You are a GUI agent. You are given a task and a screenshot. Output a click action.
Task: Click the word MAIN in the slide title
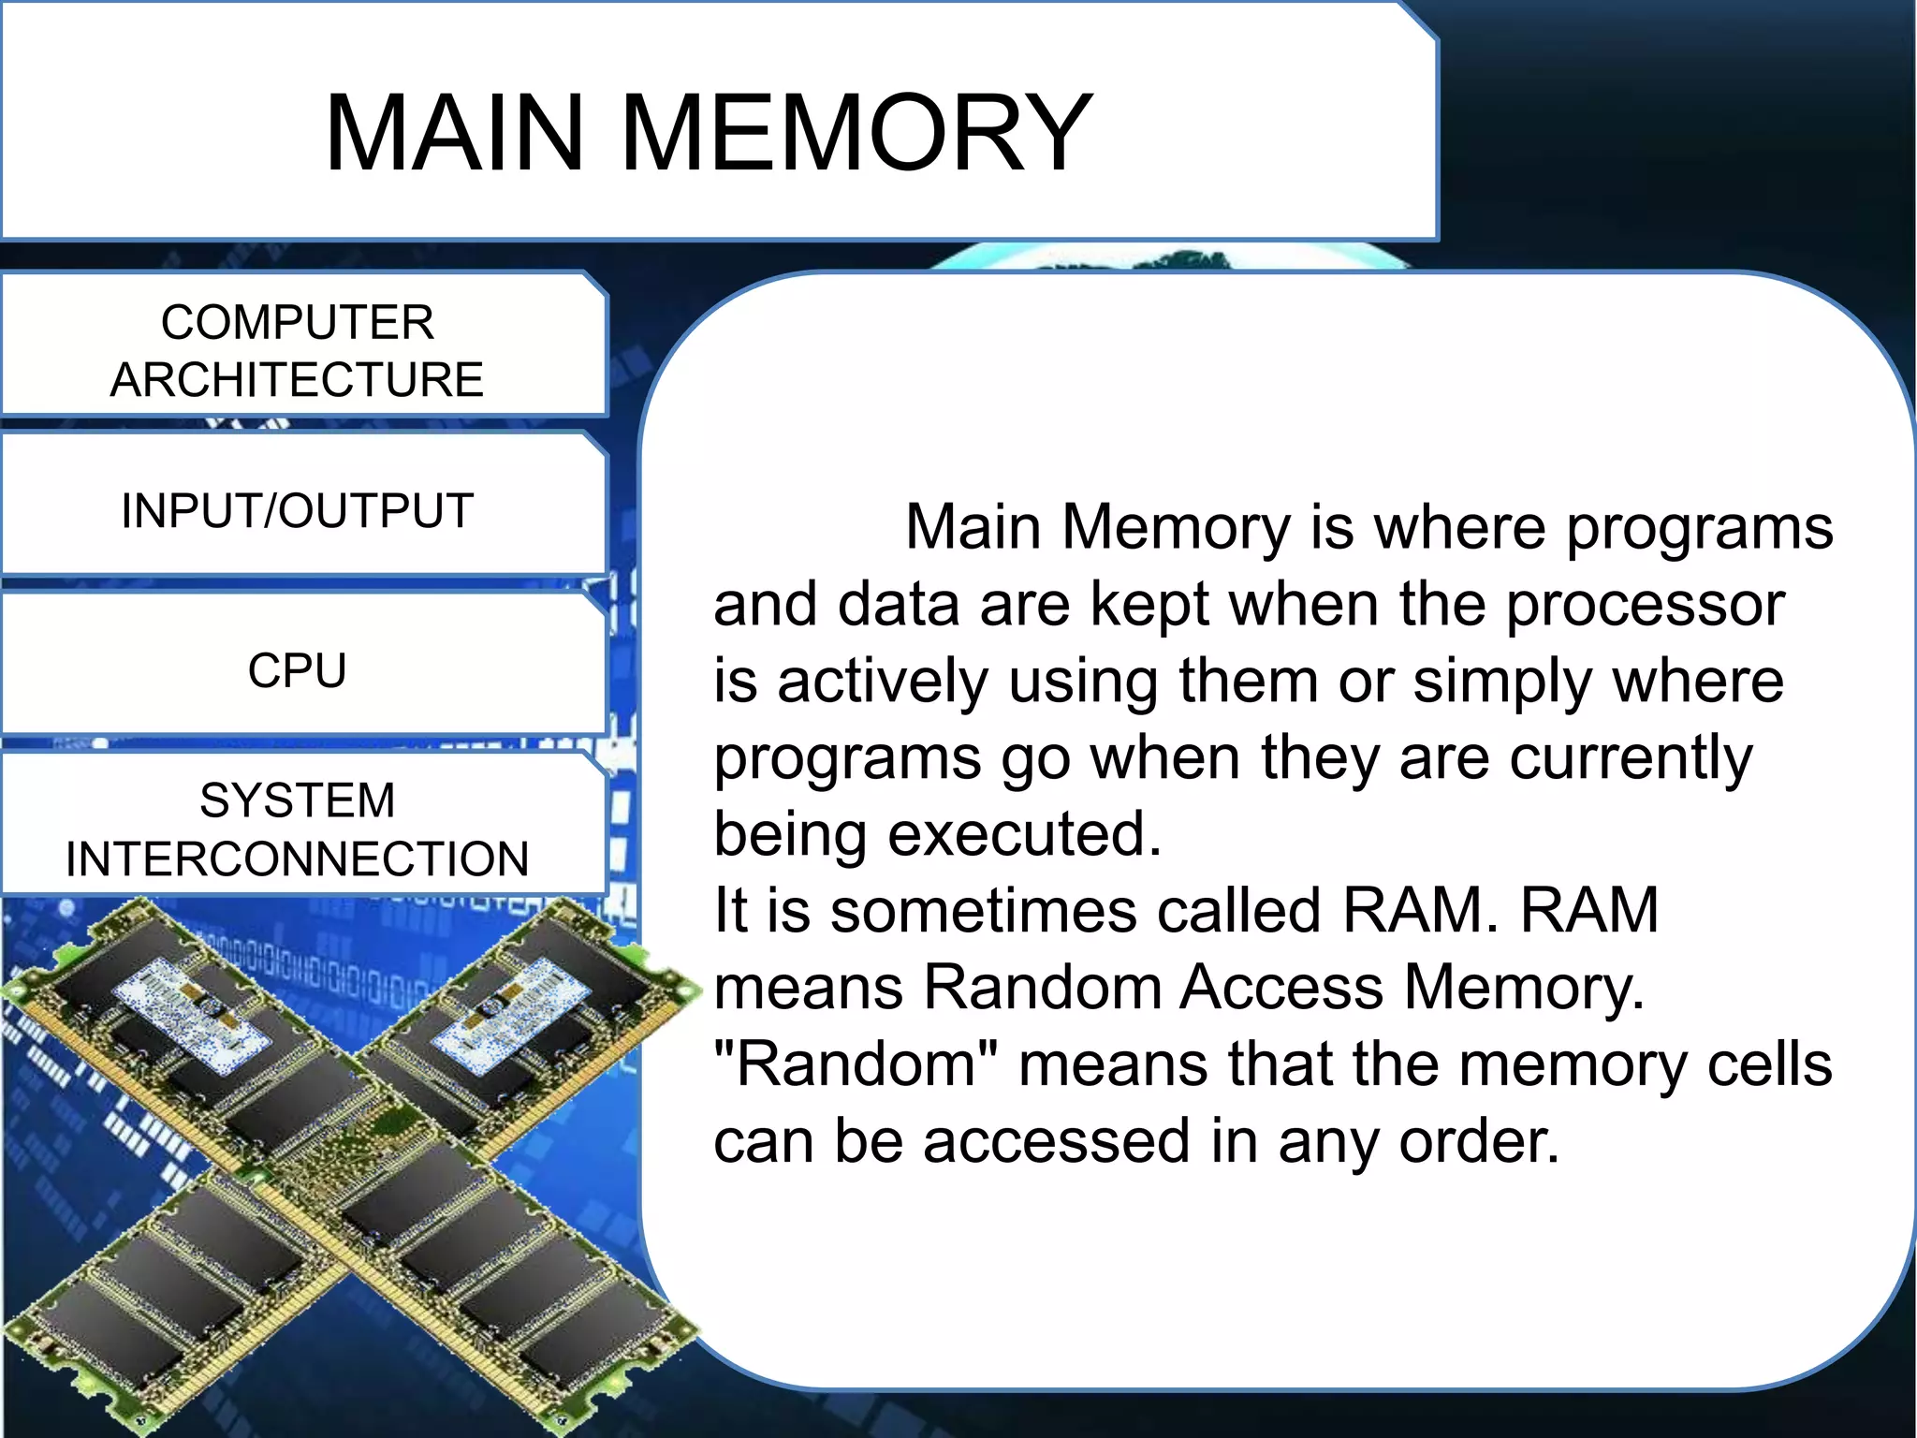pos(455,134)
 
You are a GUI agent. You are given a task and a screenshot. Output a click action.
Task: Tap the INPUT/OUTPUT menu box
pos(298,511)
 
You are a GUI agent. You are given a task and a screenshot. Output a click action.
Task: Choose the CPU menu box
pos(298,670)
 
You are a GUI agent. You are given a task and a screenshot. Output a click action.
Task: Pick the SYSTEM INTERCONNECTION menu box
pos(298,828)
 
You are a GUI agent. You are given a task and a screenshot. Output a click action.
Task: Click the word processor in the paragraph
pos(1645,606)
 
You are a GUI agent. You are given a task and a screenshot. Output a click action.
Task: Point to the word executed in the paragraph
pos(1024,834)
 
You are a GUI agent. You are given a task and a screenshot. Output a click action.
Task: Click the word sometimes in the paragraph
pos(983,911)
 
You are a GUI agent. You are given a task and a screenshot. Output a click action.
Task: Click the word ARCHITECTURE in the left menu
pos(298,380)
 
